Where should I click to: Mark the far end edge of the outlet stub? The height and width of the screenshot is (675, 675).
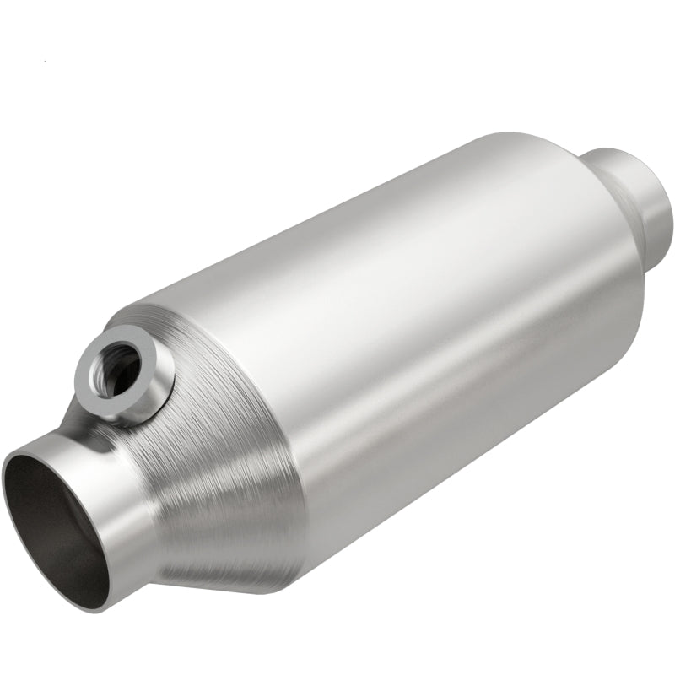point(667,202)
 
